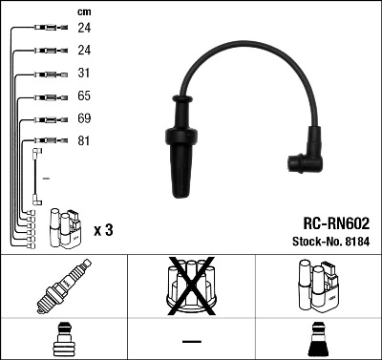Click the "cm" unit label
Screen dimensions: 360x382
[x=84, y=11]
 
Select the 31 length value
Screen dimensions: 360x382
[x=85, y=74]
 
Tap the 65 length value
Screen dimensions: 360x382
[x=85, y=96]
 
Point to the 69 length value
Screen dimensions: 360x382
[x=85, y=119]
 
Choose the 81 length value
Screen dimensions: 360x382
[x=85, y=142]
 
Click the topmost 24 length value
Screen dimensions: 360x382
[x=85, y=28]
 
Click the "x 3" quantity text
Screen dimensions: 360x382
[x=104, y=230]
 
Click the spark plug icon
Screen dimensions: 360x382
[x=64, y=287]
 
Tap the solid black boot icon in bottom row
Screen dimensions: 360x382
[x=318, y=338]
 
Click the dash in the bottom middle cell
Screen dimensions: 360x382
[x=192, y=341]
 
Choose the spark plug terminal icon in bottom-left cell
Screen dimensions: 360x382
[x=63, y=338]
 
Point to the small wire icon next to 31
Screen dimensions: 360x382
[x=42, y=74]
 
